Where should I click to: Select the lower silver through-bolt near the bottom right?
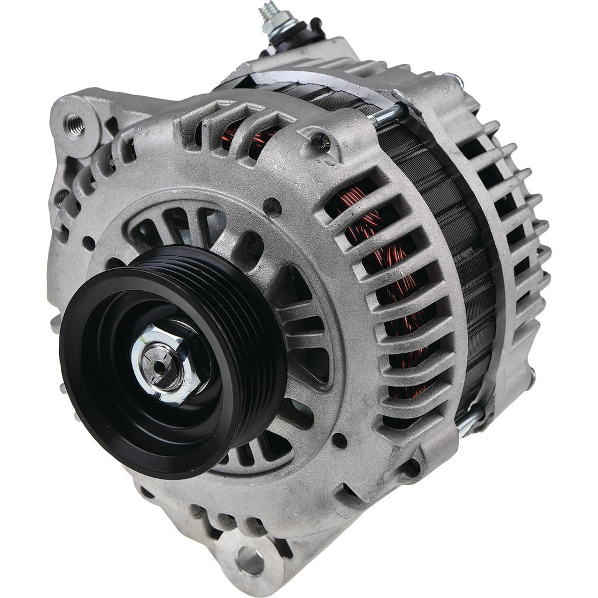pos(470,420)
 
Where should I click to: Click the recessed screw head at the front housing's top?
pos(321,140)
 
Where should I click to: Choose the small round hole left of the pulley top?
pos(89,240)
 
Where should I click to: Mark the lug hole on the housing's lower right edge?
pos(412,468)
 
